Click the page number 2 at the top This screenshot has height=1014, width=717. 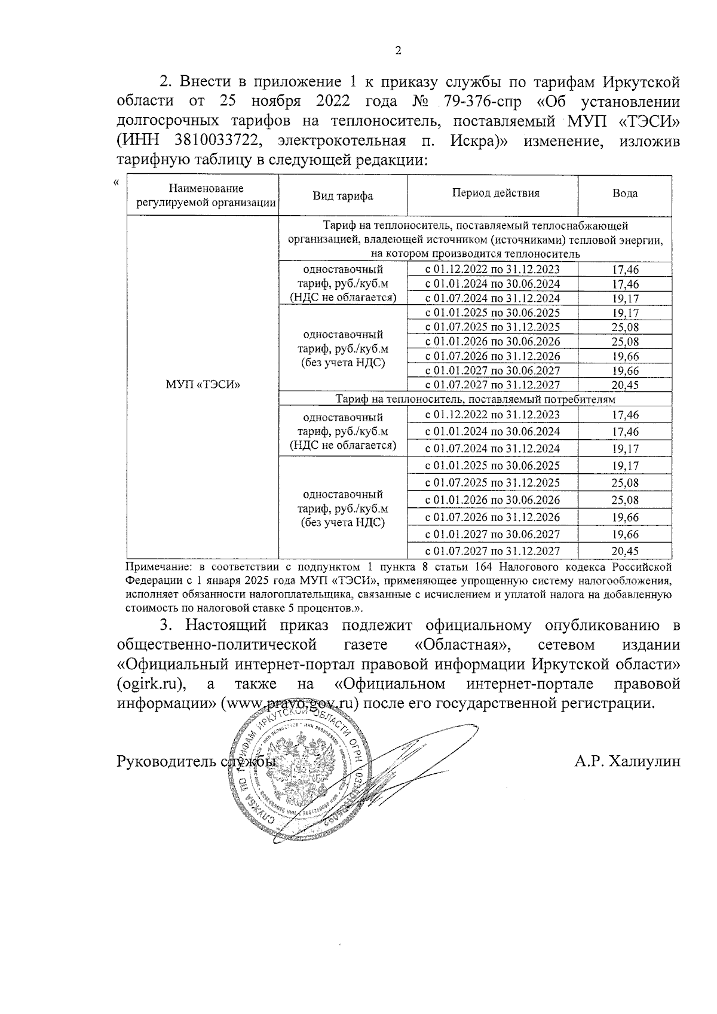tap(399, 51)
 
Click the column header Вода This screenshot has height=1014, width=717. tap(624, 194)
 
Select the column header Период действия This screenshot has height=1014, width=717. tap(495, 193)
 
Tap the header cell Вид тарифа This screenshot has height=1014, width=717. tap(343, 196)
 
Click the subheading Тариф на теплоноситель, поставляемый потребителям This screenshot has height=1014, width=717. tap(475, 399)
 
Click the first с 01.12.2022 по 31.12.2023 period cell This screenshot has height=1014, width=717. tap(492, 269)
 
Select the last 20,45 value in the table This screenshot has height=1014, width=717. tap(625, 552)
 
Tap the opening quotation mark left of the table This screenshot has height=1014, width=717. tap(117, 182)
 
